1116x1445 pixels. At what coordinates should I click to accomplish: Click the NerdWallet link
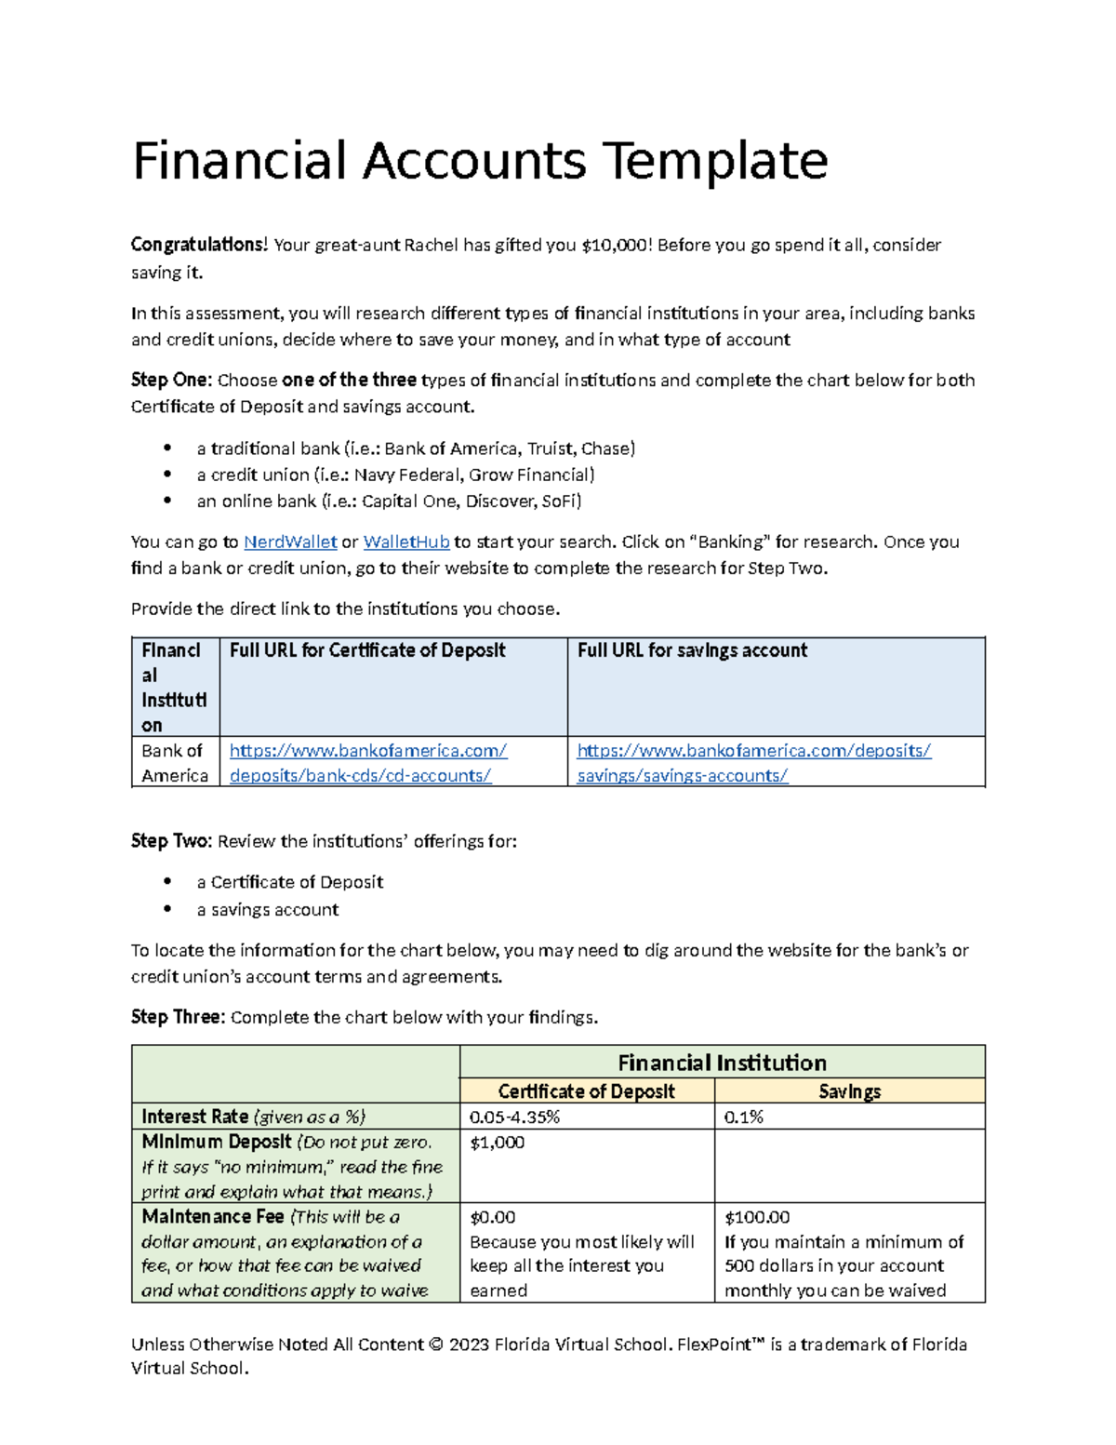290,542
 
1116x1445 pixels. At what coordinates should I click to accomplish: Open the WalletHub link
406,542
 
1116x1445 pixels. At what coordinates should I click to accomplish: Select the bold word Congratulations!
199,245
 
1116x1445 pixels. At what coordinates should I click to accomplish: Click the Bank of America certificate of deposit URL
367,763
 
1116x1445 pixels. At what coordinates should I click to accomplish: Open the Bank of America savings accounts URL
753,763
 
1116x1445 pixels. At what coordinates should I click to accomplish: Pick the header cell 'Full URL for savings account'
692,650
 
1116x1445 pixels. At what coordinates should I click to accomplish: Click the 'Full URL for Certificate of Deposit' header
367,650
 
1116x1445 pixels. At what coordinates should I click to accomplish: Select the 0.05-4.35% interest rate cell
514,1117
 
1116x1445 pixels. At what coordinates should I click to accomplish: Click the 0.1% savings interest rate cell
743,1117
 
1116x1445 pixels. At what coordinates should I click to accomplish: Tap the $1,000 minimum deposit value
497,1143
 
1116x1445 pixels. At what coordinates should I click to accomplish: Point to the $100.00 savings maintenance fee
757,1217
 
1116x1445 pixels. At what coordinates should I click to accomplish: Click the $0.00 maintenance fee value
493,1217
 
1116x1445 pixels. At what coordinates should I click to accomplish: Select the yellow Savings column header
849,1091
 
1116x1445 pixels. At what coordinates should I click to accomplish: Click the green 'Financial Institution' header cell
722,1063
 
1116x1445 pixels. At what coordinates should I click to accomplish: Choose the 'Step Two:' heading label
171,841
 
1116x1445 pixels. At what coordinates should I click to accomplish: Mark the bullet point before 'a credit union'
167,475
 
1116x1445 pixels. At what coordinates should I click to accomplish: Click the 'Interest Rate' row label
195,1117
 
